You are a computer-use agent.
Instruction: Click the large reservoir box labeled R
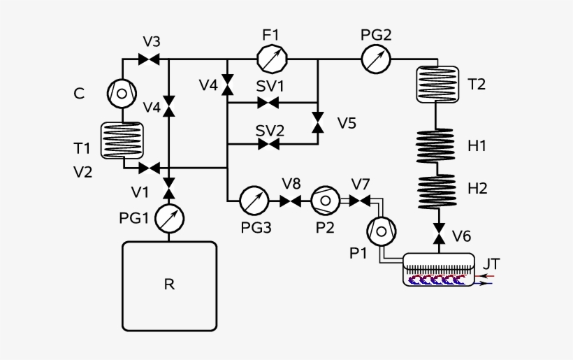pos(168,286)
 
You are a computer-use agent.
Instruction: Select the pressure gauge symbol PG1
pos(168,218)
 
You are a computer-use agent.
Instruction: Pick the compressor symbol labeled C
pos(122,92)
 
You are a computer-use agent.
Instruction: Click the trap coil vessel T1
pos(122,140)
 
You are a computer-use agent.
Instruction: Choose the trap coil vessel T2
pos(437,83)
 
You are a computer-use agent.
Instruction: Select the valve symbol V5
pos(318,124)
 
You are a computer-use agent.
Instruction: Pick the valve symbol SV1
pos(268,103)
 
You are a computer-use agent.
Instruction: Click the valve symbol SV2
pos(268,145)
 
